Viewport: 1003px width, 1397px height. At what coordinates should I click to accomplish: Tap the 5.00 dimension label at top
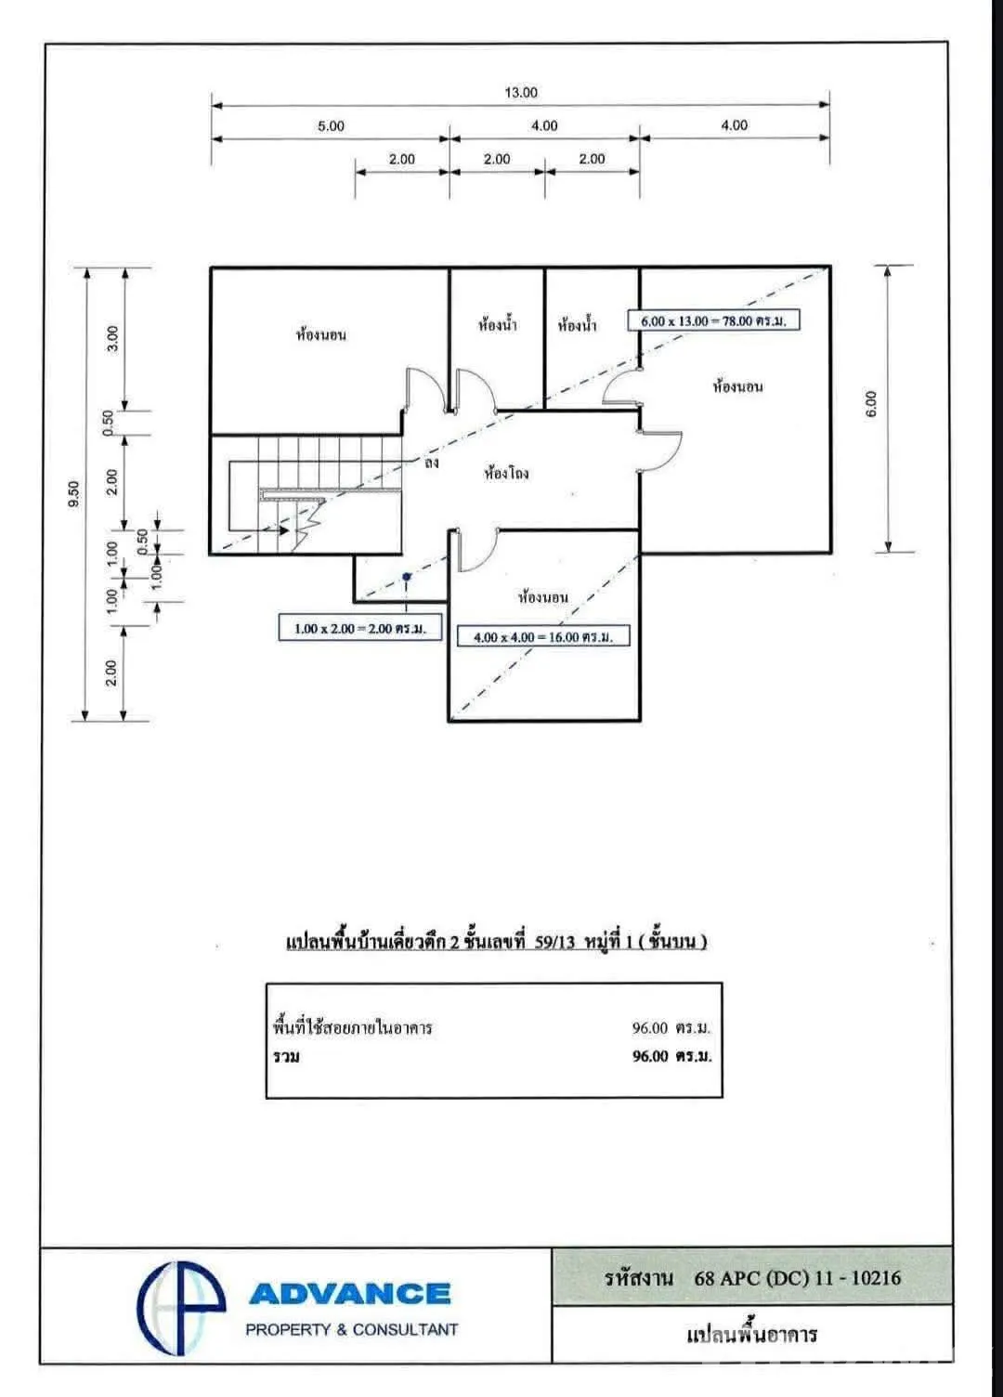point(331,126)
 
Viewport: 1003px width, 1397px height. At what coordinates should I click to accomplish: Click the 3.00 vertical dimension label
point(112,339)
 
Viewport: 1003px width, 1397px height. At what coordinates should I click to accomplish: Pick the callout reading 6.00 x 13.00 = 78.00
point(714,320)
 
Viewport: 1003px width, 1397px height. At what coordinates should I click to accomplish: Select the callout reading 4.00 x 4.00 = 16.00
point(543,637)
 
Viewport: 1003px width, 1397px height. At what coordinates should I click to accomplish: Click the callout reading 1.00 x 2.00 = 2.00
point(360,628)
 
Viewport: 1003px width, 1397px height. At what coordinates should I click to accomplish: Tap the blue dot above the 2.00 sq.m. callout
point(407,577)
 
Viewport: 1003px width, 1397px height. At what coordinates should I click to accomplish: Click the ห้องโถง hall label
point(506,473)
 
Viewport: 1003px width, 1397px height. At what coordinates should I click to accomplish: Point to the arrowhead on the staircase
point(283,530)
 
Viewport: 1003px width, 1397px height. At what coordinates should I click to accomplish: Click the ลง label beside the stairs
point(431,463)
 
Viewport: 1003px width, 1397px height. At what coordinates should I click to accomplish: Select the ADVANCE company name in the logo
point(350,1294)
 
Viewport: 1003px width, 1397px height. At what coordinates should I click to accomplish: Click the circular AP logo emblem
point(181,1307)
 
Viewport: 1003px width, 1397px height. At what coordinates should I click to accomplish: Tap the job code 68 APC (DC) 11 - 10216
point(797,1278)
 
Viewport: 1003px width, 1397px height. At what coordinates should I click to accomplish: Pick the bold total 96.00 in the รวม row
point(649,1056)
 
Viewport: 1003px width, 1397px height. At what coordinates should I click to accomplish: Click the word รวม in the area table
point(286,1056)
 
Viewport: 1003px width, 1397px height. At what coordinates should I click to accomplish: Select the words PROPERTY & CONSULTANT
point(352,1329)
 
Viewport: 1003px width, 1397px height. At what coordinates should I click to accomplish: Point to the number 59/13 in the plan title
point(554,941)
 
